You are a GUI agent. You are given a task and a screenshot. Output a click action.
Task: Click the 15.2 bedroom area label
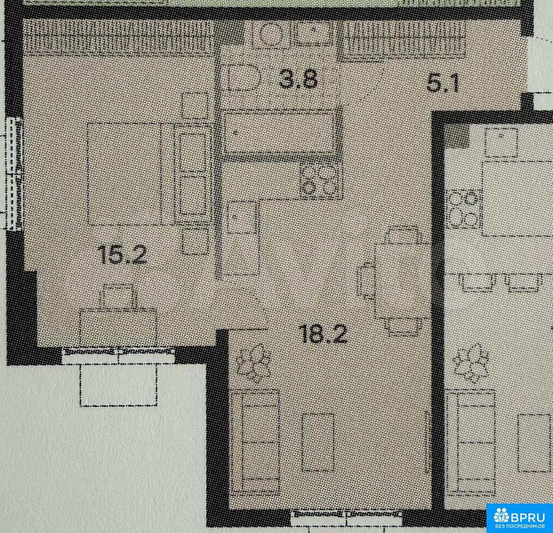[122, 255]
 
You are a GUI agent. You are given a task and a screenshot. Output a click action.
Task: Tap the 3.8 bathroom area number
[298, 80]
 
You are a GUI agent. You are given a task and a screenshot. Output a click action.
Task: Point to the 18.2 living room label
[323, 334]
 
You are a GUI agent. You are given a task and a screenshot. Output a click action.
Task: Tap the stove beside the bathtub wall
[321, 180]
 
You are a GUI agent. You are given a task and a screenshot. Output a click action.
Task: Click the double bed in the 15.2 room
[149, 174]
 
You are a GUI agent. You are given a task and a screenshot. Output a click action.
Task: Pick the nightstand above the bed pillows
[195, 105]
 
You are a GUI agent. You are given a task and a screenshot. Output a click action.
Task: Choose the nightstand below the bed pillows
[195, 242]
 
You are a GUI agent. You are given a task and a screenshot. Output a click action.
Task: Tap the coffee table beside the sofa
[318, 443]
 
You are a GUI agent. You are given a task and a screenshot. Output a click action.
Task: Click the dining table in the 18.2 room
[403, 281]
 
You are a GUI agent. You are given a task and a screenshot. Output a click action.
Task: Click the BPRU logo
[520, 518]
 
